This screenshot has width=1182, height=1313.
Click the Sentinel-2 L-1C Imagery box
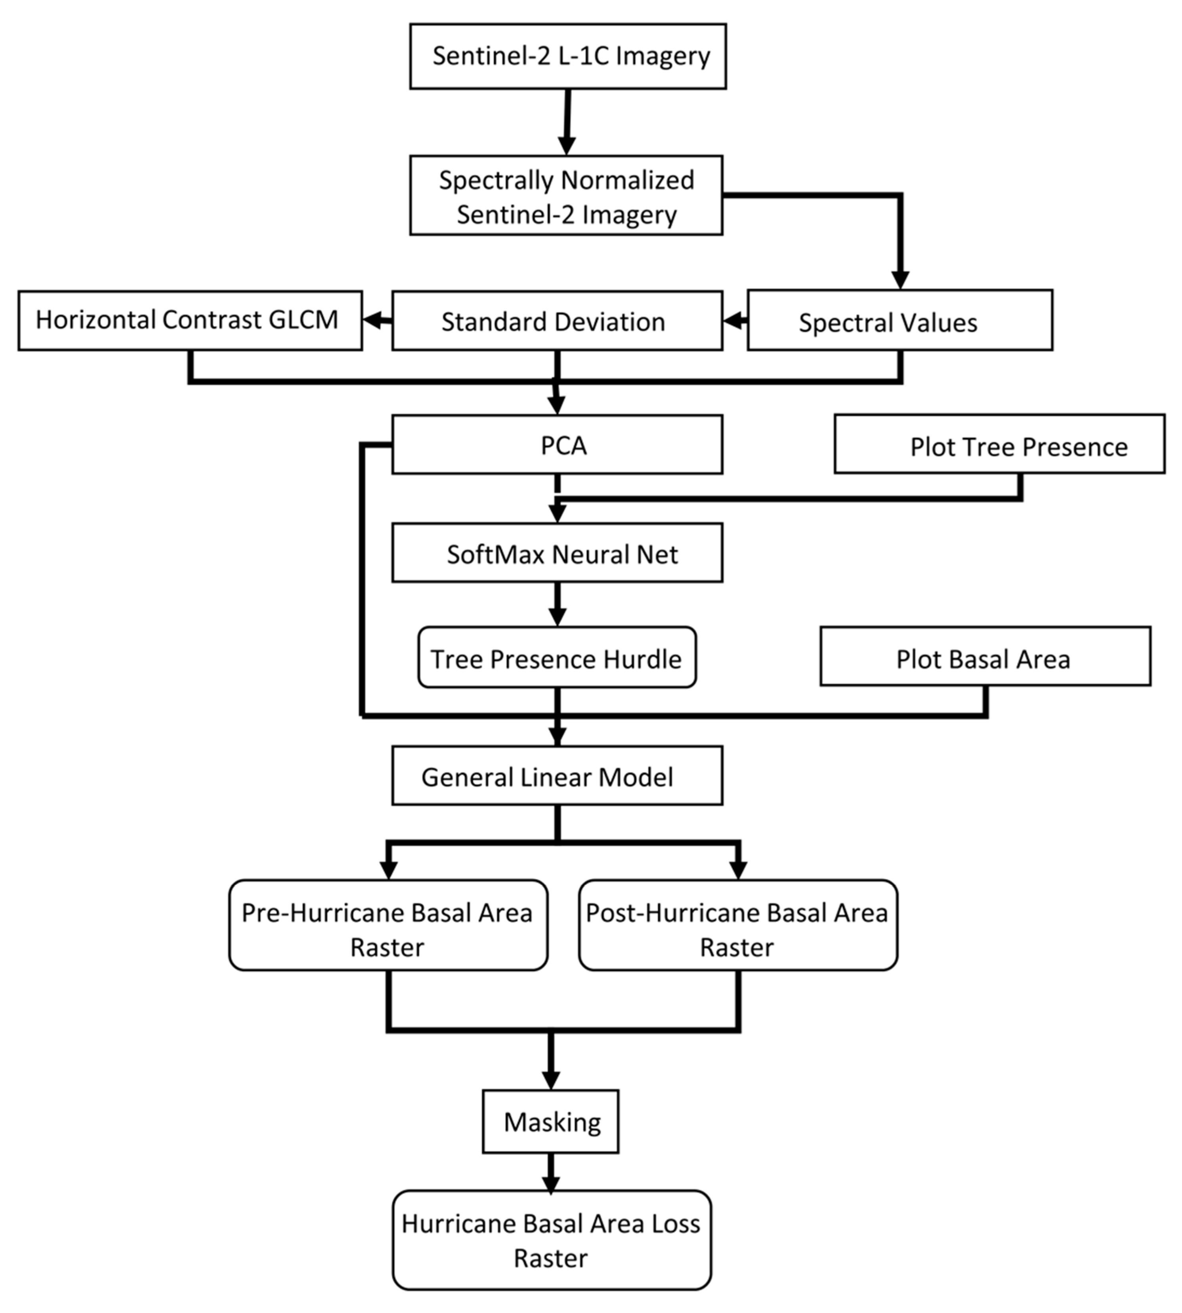click(x=567, y=57)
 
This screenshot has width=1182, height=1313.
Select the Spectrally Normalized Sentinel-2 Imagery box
click(x=566, y=195)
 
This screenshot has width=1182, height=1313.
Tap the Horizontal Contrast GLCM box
click(x=190, y=320)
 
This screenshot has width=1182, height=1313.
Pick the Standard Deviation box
click(x=557, y=321)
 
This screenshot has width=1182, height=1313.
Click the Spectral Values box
click(x=899, y=321)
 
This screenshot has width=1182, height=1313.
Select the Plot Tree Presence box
click(x=999, y=444)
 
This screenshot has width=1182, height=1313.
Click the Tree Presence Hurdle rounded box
click(x=557, y=657)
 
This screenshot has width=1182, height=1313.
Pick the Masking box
click(x=550, y=1122)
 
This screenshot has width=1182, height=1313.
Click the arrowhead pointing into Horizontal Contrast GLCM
click(x=372, y=320)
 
